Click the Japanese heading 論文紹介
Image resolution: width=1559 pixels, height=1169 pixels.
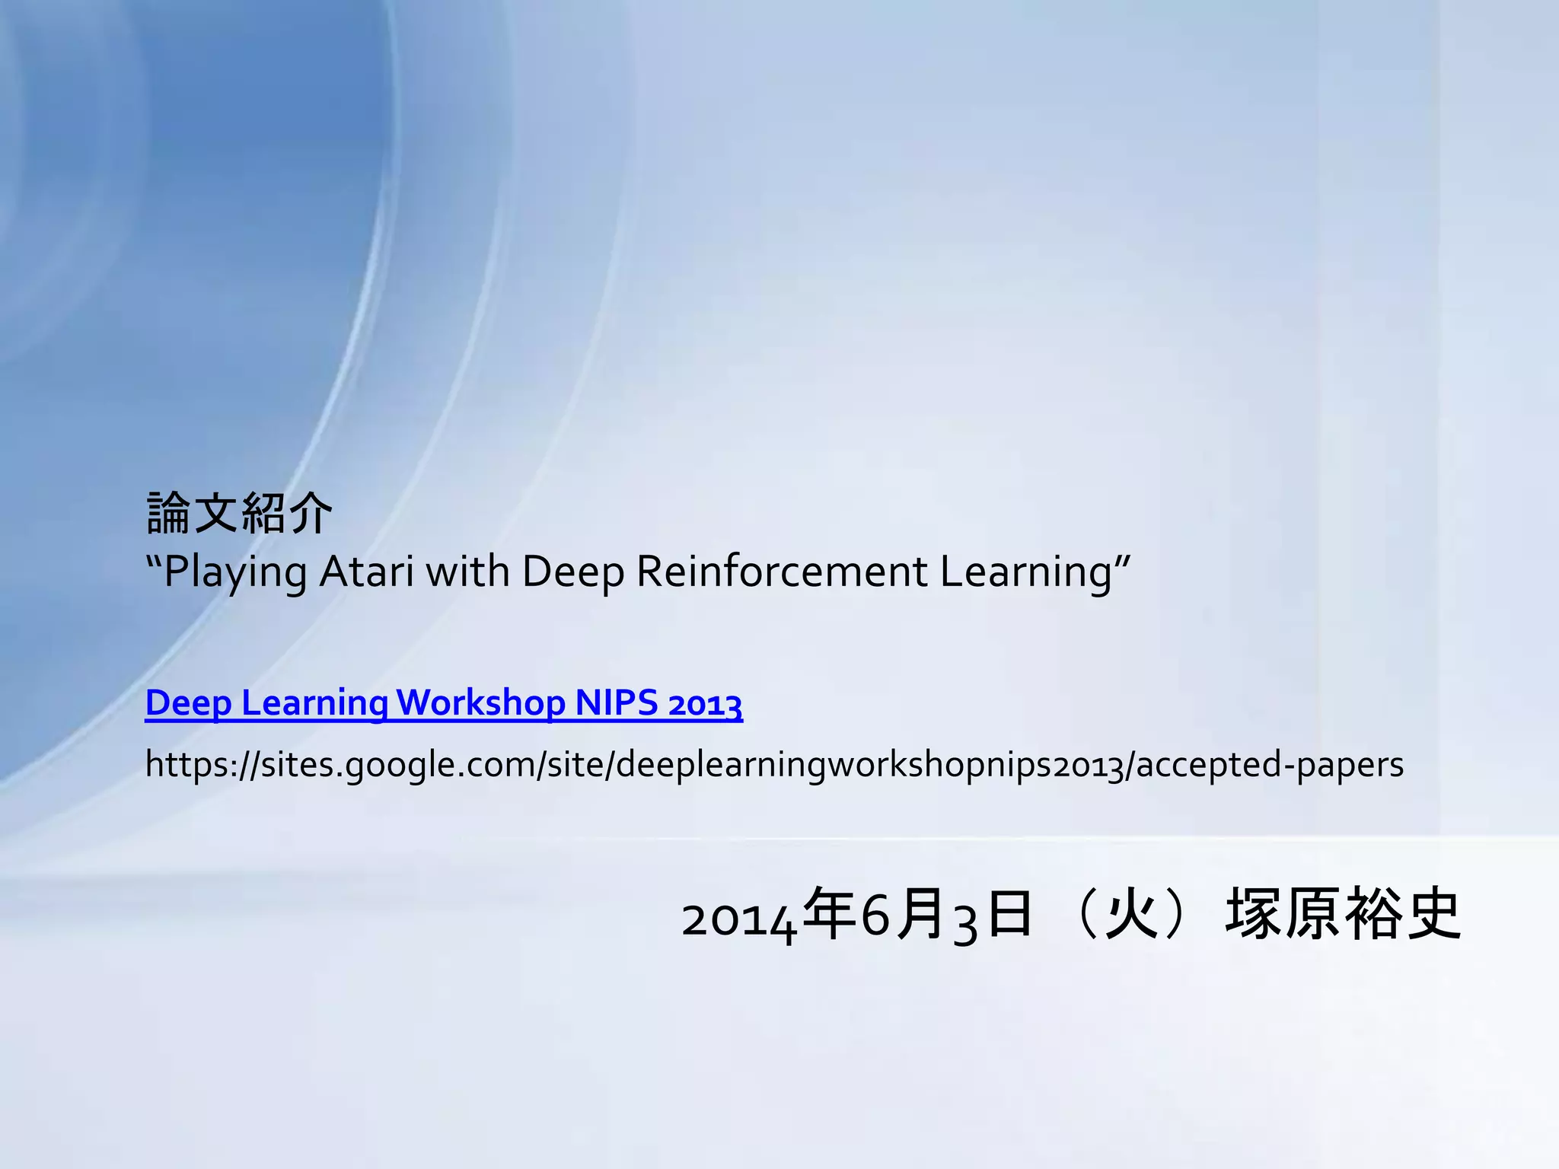(x=239, y=514)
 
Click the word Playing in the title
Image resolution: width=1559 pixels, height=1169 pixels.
(x=235, y=572)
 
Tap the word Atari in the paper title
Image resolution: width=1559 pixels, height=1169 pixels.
(x=367, y=572)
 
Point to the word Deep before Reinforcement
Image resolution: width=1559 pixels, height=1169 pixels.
(x=572, y=572)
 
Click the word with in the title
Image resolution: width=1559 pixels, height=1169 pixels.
(x=467, y=572)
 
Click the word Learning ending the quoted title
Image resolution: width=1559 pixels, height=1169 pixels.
(x=1027, y=572)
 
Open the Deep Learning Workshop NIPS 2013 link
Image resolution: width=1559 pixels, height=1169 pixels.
(x=443, y=702)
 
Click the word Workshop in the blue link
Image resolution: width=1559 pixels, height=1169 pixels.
(x=481, y=702)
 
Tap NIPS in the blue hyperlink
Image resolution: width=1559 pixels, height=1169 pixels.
(x=617, y=702)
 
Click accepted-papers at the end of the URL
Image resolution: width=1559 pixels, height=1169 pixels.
(x=1269, y=764)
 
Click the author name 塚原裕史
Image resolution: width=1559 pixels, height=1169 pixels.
(x=1343, y=916)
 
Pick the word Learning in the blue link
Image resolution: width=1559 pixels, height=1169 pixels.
(x=314, y=702)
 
